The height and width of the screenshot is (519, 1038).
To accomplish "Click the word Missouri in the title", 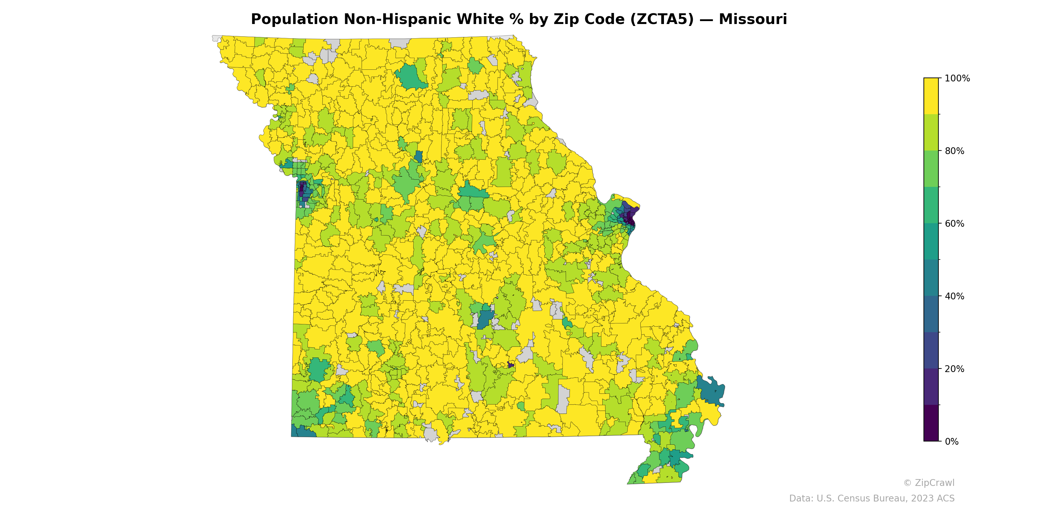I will coord(752,19).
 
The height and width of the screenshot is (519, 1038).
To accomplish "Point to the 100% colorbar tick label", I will coord(957,78).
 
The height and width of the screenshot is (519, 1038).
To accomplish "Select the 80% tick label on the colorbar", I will coord(954,151).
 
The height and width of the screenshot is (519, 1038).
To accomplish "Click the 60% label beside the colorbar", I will coord(954,223).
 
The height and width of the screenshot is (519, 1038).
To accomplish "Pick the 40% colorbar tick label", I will coord(954,296).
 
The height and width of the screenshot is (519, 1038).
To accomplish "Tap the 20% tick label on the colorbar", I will coord(954,369).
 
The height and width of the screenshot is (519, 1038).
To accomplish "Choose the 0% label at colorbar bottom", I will coord(951,441).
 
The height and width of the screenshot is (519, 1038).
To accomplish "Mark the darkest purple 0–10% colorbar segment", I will coord(931,423).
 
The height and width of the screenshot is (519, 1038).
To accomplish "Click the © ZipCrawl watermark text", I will coord(929,483).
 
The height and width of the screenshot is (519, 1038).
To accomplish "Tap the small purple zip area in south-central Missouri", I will coord(511,365).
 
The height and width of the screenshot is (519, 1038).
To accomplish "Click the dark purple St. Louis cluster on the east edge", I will coord(629,216).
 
